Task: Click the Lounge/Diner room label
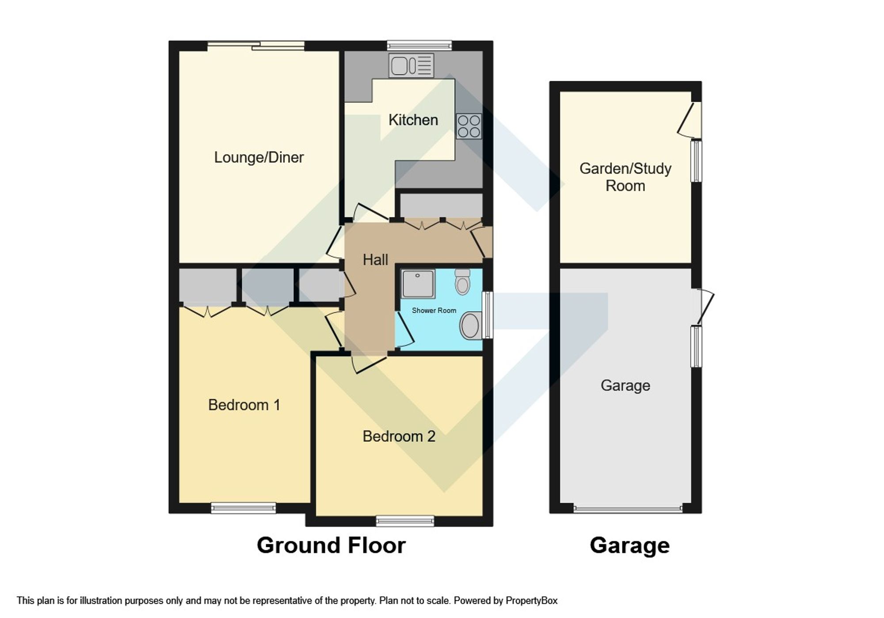tap(259, 157)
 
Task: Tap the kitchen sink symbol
tap(411, 66)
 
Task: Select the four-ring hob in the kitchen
tap(469, 126)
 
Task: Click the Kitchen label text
tap(413, 120)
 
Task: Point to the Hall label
tap(375, 260)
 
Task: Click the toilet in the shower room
tap(462, 281)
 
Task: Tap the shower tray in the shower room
tap(418, 283)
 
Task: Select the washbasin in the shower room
tap(471, 326)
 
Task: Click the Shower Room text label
tap(434, 311)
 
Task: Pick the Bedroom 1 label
tap(244, 405)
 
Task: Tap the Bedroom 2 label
tap(399, 436)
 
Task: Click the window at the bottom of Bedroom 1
tap(243, 508)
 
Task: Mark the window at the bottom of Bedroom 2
tap(405, 521)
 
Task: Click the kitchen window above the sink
tap(419, 45)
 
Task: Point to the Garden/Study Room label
tap(625, 177)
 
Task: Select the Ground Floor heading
tap(331, 545)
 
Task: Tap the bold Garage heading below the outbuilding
tap(629, 545)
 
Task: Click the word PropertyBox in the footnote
tap(531, 601)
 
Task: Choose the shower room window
tap(488, 315)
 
